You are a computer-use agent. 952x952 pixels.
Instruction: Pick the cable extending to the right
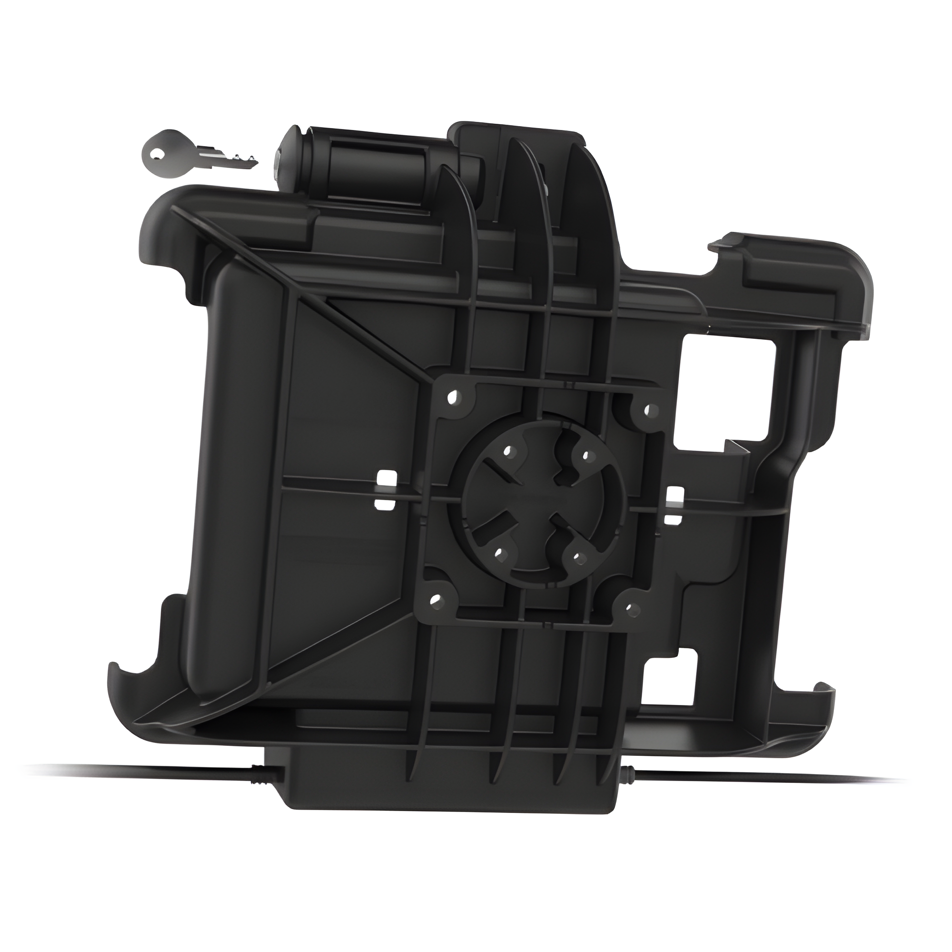[764, 783]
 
